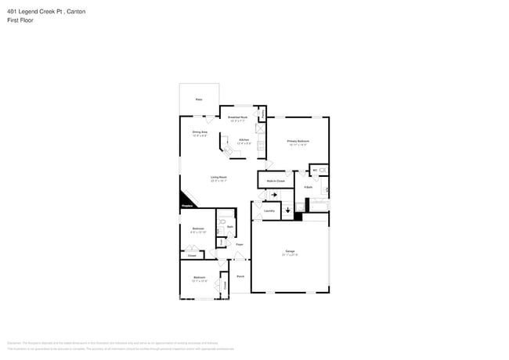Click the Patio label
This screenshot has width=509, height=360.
[x=198, y=101]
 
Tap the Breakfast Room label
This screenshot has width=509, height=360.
[x=238, y=118]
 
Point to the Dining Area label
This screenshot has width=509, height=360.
[x=200, y=133]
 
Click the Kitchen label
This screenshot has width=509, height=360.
[x=244, y=140]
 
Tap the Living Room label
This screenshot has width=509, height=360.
[x=218, y=178]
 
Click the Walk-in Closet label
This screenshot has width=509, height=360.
[x=276, y=181]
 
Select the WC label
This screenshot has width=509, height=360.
[x=315, y=170]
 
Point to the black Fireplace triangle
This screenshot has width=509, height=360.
[x=187, y=200]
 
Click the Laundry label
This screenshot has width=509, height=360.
[x=269, y=211]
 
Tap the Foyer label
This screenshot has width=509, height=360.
[x=239, y=244]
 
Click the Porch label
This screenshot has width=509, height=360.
[x=240, y=276]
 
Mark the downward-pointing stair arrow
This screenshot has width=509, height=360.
[x=288, y=210]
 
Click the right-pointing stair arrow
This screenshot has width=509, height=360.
[x=273, y=195]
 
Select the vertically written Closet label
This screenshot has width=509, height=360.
[x=225, y=286]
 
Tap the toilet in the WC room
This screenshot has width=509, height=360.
[x=323, y=170]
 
